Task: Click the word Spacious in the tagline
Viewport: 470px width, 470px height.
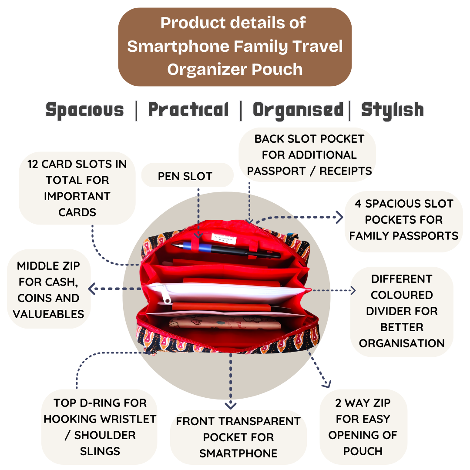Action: tap(85, 110)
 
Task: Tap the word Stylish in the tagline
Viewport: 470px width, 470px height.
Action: tap(392, 110)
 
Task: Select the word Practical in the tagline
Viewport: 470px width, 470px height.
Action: tap(188, 110)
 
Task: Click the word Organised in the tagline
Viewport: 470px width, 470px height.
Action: tap(298, 110)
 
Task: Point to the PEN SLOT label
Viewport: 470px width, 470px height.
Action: tap(185, 176)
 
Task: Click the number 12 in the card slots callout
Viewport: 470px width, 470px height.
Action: tap(33, 164)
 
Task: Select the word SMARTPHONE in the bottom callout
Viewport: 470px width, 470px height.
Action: tap(238, 453)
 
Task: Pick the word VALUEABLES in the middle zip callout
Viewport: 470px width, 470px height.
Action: tap(49, 314)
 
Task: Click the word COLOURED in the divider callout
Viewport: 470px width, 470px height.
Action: tap(402, 295)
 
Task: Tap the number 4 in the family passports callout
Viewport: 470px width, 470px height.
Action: tap(357, 204)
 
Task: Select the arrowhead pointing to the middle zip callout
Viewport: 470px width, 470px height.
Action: tap(92, 288)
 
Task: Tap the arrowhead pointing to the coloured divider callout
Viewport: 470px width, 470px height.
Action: tap(353, 290)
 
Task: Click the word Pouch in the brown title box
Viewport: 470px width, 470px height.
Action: tap(279, 69)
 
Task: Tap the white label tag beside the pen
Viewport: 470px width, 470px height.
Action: tap(223, 238)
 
